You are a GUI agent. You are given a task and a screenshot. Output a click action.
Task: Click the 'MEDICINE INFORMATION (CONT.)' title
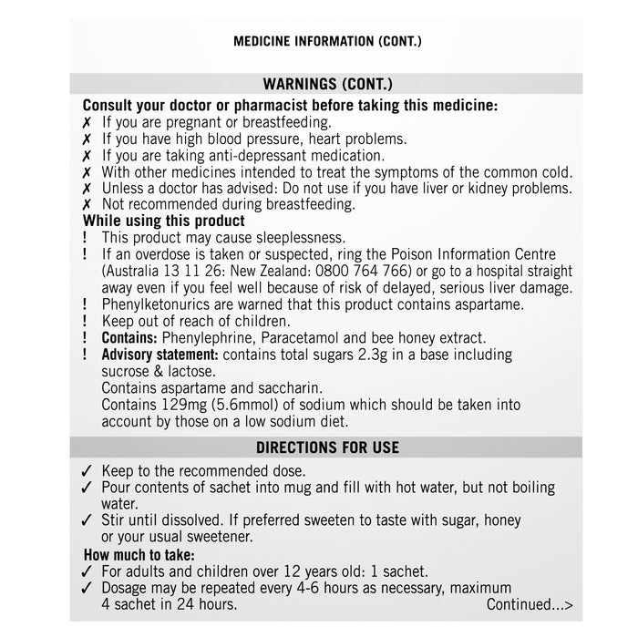click(x=327, y=42)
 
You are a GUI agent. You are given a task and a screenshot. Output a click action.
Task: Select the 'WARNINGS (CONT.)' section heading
click(x=327, y=84)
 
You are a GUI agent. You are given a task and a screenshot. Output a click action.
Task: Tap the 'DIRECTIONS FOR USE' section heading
click(x=327, y=448)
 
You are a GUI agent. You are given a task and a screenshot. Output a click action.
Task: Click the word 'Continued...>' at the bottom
click(x=530, y=604)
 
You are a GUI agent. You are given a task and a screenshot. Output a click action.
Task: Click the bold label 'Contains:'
click(x=129, y=337)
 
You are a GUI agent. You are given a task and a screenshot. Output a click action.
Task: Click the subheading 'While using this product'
click(x=164, y=221)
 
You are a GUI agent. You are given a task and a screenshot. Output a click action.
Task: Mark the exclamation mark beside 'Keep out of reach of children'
click(x=86, y=321)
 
